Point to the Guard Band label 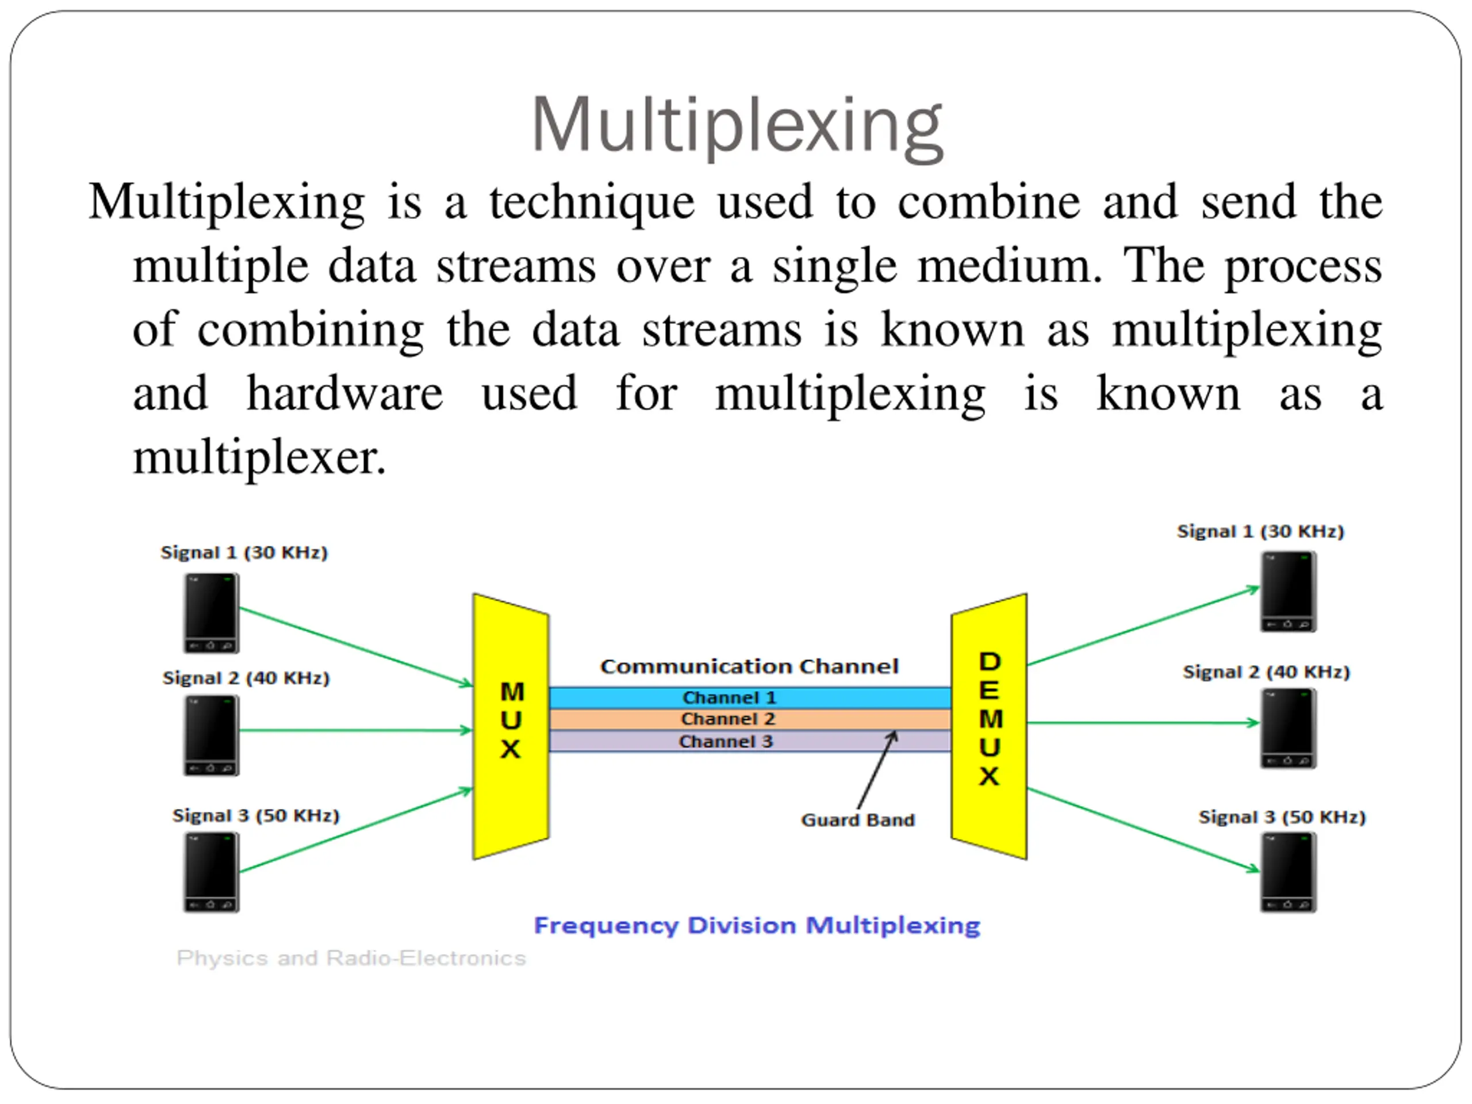[x=857, y=820]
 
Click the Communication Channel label [x=749, y=666]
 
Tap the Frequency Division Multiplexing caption [x=757, y=925]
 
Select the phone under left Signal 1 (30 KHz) [x=211, y=613]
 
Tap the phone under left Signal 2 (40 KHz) [x=211, y=735]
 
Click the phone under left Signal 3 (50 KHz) [x=211, y=872]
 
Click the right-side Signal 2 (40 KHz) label [x=1266, y=672]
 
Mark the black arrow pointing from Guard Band [x=877, y=770]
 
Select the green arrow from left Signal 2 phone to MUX [x=355, y=730]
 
